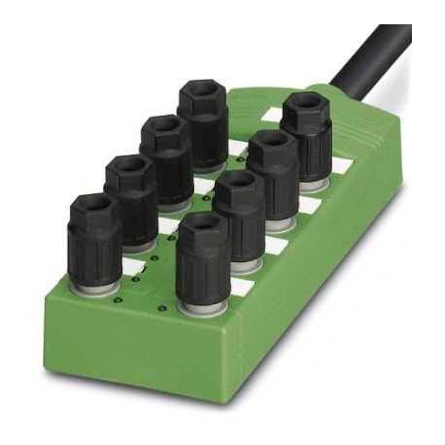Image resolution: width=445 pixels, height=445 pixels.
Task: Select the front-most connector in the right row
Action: coord(202,257)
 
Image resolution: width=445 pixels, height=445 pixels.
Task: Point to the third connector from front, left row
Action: coord(165,160)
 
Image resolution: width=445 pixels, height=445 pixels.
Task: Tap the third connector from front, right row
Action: coord(272,175)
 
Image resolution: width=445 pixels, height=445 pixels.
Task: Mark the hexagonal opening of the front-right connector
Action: coord(201,226)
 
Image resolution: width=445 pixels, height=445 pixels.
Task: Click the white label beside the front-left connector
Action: coord(135,264)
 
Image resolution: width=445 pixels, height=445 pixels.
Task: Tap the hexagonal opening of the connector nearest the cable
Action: coord(304,104)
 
